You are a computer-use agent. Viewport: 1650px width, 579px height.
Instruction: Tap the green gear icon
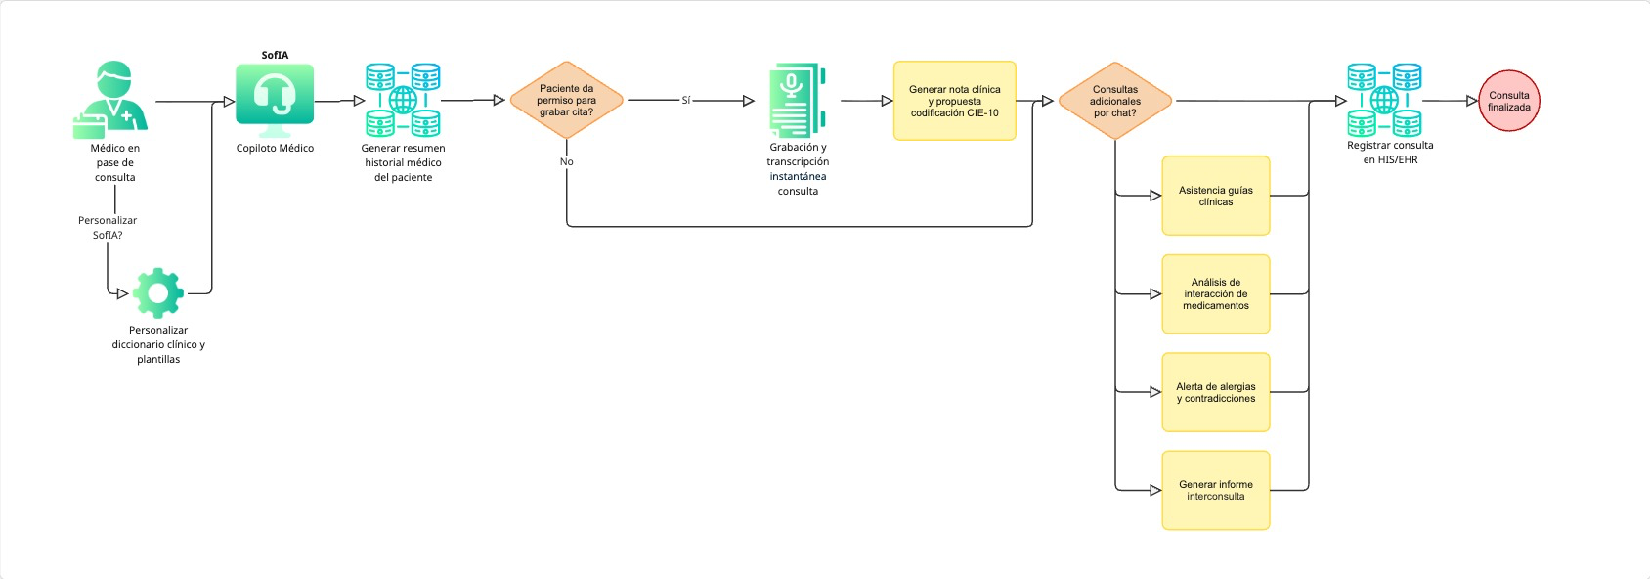(157, 292)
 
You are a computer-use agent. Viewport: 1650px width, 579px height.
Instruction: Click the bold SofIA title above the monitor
(275, 55)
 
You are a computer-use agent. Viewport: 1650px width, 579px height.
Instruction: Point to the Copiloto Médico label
(275, 148)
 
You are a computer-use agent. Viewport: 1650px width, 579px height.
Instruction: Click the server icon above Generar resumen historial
(403, 100)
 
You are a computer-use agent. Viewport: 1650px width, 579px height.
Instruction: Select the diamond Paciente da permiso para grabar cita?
(566, 100)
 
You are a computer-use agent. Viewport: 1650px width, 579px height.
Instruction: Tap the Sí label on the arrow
(685, 100)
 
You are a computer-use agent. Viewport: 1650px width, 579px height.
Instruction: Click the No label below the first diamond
(566, 161)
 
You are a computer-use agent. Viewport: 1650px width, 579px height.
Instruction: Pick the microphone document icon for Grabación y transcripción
(797, 100)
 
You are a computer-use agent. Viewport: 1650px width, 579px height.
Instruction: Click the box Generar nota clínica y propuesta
(954, 101)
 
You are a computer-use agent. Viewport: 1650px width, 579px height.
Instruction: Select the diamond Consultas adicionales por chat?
(1114, 101)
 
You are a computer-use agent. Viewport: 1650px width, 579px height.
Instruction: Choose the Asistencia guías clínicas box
(1215, 196)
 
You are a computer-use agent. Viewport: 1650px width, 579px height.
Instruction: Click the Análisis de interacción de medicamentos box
(1215, 293)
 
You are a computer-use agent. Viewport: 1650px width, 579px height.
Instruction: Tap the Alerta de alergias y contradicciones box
(1215, 392)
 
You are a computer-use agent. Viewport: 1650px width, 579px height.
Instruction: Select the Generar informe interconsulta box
(1215, 490)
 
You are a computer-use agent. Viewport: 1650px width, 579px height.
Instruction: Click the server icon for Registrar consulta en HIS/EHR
(1384, 100)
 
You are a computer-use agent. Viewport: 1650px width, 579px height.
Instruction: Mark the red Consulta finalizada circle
(1508, 101)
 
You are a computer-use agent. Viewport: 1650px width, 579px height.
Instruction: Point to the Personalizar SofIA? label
(108, 227)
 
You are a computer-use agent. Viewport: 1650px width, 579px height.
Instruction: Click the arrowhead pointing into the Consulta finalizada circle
(1471, 101)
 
